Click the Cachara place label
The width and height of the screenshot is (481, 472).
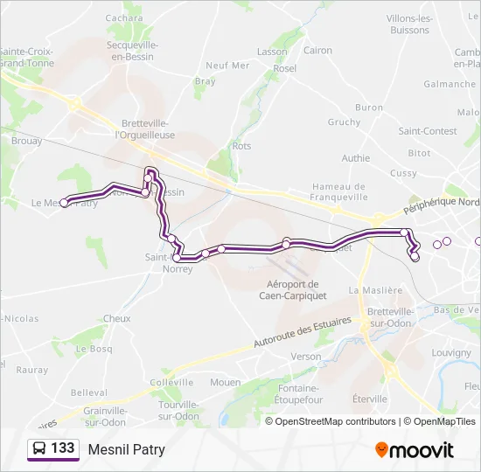point(124,17)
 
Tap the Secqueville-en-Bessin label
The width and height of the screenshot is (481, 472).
point(130,51)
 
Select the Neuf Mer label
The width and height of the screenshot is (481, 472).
point(227,66)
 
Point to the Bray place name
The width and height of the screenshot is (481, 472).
point(205,81)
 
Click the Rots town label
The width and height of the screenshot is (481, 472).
point(241,146)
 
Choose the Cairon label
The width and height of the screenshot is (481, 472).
point(317,51)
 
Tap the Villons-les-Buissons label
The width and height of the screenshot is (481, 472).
point(410,24)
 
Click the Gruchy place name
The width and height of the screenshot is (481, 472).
point(344,122)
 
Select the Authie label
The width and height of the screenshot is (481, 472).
point(355,158)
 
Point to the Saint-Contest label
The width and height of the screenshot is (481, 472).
point(428,131)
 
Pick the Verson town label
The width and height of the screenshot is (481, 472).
point(306,357)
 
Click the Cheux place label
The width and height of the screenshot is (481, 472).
point(116,319)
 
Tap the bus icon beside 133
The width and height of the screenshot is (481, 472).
point(39,449)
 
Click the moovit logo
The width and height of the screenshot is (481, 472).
point(415,450)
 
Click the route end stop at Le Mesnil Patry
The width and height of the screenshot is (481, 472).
point(65,204)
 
